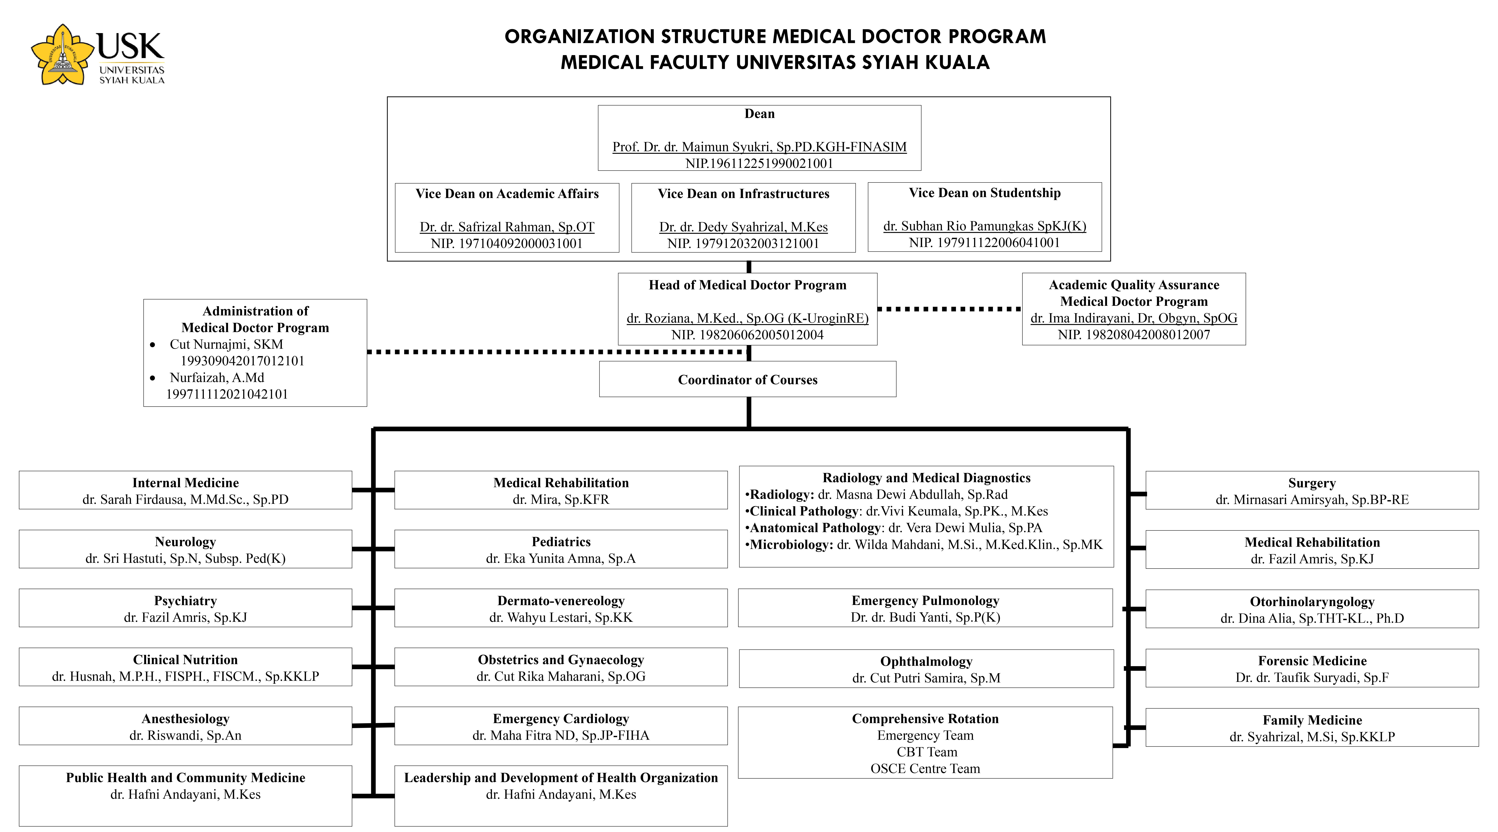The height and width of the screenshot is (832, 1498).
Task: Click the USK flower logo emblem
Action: [62, 55]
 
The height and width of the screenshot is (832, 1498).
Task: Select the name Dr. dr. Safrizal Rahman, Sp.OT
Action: [507, 227]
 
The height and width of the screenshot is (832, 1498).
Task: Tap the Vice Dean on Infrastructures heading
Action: [743, 194]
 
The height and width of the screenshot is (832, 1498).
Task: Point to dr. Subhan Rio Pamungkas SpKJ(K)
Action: [984, 226]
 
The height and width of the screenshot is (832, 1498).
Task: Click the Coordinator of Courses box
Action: [747, 380]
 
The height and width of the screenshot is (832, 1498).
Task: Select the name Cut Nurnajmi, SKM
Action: [226, 344]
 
